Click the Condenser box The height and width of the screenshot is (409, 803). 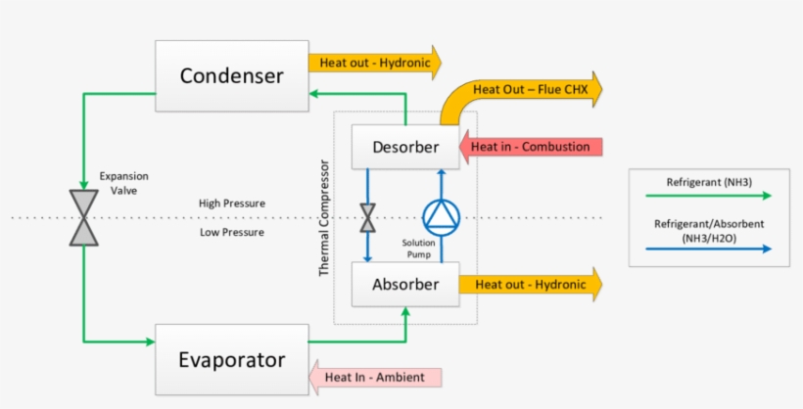pyautogui.click(x=231, y=76)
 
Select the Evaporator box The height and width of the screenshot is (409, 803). pyautogui.click(x=231, y=359)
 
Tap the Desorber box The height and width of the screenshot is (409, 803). pyautogui.click(x=405, y=147)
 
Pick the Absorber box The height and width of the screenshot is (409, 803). pyautogui.click(x=405, y=285)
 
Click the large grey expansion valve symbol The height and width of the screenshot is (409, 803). pyautogui.click(x=84, y=217)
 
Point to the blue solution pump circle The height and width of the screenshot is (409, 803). pyautogui.click(x=440, y=216)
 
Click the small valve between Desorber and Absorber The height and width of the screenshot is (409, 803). pyautogui.click(x=368, y=217)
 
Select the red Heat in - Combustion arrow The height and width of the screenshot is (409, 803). pyautogui.click(x=533, y=147)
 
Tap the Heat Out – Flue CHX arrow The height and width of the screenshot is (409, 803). pyautogui.click(x=524, y=91)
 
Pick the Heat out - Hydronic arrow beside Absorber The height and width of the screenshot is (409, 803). pyautogui.click(x=534, y=285)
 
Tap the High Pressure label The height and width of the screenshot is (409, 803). pyautogui.click(x=232, y=204)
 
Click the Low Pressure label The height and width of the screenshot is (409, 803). pyautogui.click(x=232, y=232)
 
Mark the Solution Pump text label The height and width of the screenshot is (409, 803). pyautogui.click(x=418, y=249)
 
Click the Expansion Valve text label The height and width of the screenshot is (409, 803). pyautogui.click(x=123, y=183)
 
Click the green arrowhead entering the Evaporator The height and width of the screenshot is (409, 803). pyautogui.click(x=149, y=341)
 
